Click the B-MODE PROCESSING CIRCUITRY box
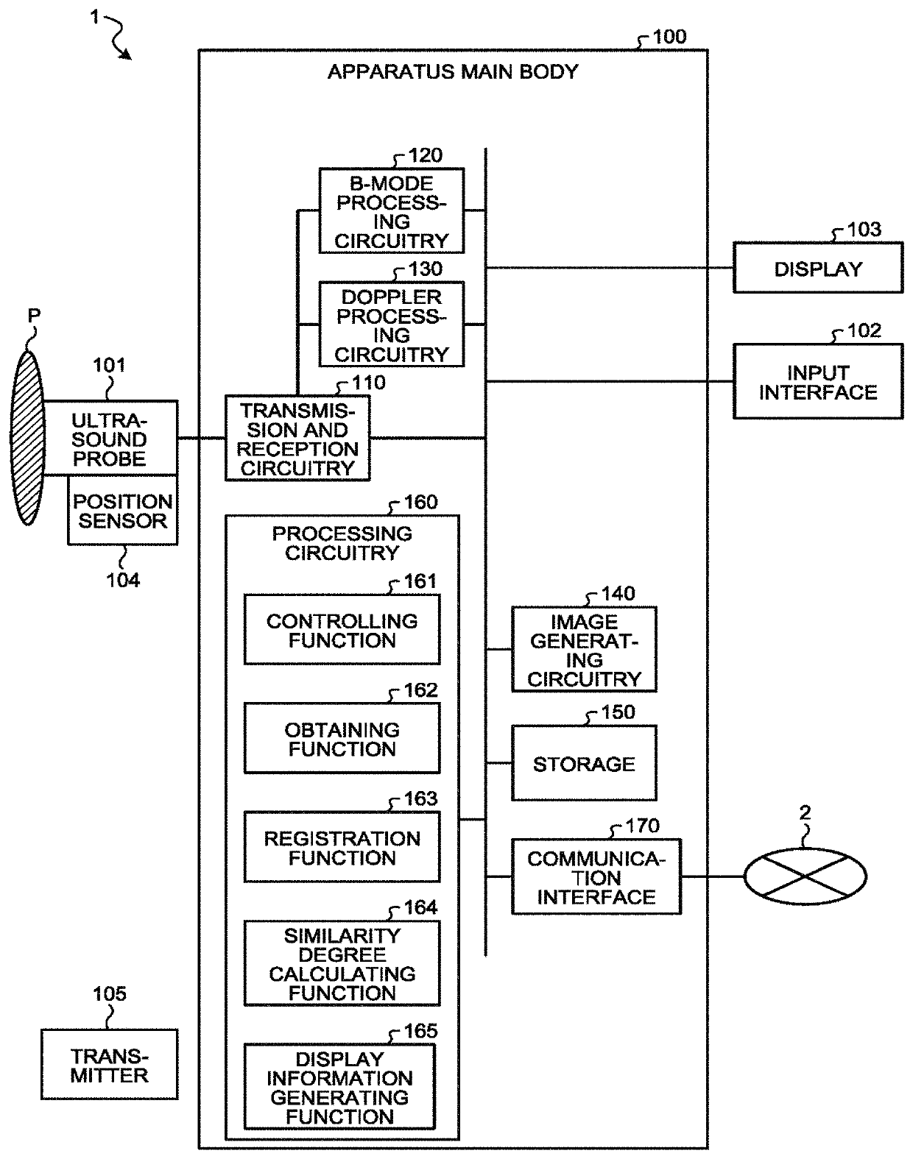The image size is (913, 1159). [x=391, y=211]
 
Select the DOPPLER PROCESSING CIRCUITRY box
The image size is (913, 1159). [x=391, y=325]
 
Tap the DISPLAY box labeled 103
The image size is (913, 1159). [x=817, y=269]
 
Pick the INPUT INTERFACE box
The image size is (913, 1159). [x=817, y=382]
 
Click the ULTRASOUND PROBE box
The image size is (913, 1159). [x=110, y=439]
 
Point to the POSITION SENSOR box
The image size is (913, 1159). [x=123, y=511]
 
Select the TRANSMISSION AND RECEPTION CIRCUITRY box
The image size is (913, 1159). [x=297, y=439]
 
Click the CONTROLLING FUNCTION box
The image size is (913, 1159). [x=342, y=630]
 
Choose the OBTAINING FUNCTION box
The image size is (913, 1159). [x=342, y=739]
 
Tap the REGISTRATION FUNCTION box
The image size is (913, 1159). [x=342, y=847]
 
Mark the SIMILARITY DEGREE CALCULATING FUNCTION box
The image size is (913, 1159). [x=342, y=963]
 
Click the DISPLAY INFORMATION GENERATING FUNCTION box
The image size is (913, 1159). [x=339, y=1086]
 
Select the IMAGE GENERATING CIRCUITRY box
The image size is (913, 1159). [x=584, y=650]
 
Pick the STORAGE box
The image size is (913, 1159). [x=584, y=763]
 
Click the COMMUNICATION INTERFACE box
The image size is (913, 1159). [x=596, y=877]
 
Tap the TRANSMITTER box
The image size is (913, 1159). [x=109, y=1065]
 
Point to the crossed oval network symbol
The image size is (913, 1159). [x=805, y=876]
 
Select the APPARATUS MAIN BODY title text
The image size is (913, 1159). [x=453, y=72]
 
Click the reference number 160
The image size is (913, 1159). [x=420, y=503]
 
